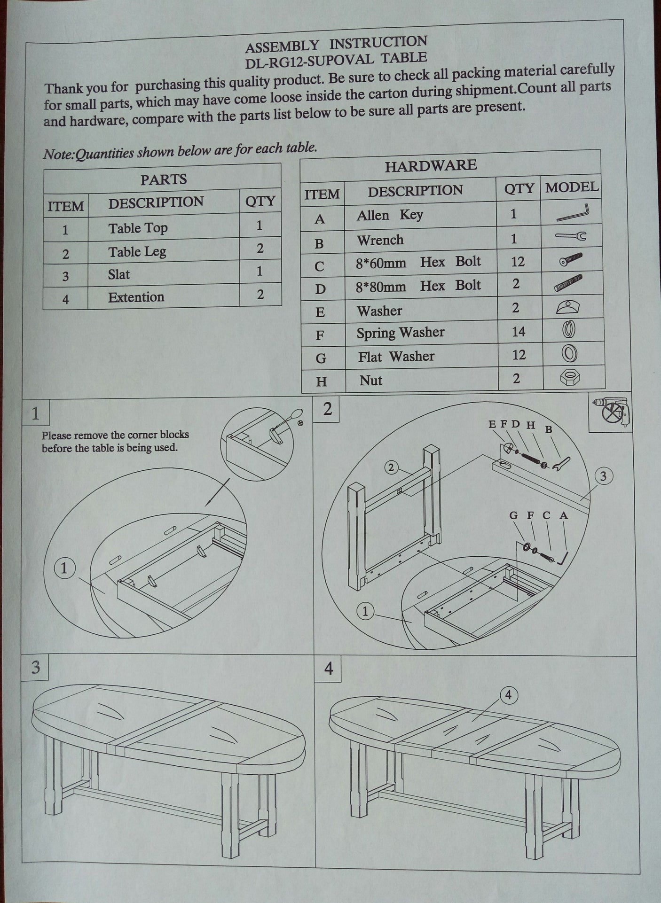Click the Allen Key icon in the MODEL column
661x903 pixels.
[x=572, y=213]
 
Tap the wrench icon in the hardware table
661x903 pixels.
[x=571, y=237]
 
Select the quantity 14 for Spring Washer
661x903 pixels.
[x=519, y=332]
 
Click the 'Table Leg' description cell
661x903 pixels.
[x=137, y=252]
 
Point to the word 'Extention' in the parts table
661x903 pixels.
[x=136, y=297]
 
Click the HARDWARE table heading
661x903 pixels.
[x=431, y=165]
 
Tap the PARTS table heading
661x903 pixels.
[x=163, y=179]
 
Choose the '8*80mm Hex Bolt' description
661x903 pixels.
[x=418, y=286]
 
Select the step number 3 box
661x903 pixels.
[x=35, y=668]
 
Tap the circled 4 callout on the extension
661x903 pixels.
[x=509, y=694]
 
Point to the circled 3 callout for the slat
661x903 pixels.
[x=603, y=476]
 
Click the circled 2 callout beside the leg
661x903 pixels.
[x=391, y=467]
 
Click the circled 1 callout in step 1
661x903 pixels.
[x=64, y=568]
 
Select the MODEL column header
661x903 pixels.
[x=572, y=187]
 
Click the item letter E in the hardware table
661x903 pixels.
[x=321, y=312]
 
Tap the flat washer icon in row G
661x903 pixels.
[x=569, y=354]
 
